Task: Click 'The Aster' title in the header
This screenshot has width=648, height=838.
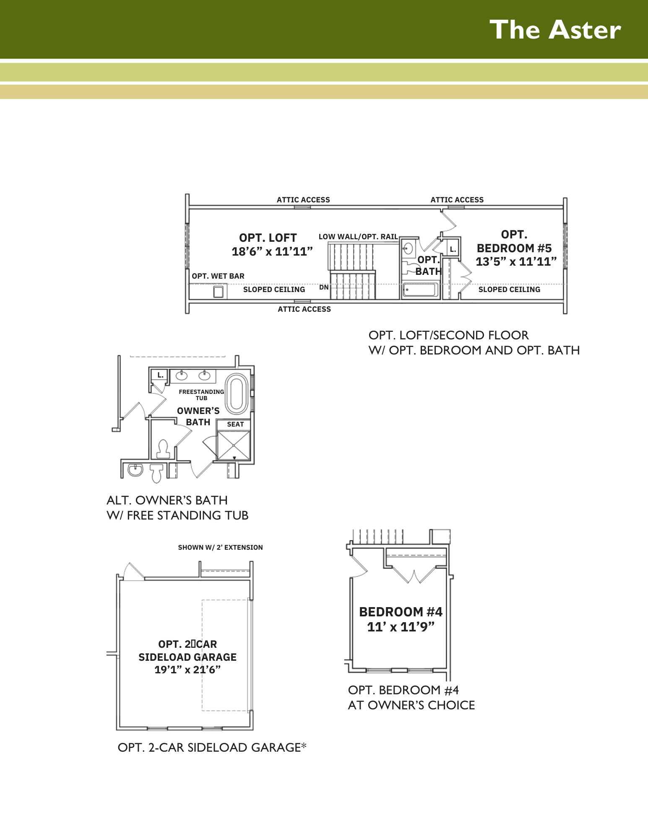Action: [555, 30]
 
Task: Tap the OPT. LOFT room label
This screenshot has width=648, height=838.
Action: [268, 238]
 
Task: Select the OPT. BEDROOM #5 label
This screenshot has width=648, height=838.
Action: [514, 241]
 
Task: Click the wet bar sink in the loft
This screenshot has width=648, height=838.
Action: [218, 292]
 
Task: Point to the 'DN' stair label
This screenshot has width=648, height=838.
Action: [324, 287]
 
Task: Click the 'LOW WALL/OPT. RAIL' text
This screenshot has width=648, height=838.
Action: [358, 237]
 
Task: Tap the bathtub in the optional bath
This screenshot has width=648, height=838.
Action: [420, 290]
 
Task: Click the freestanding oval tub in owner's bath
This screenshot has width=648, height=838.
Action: [237, 393]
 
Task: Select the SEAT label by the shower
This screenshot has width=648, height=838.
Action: [235, 424]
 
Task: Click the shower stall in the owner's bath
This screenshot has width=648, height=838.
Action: [234, 445]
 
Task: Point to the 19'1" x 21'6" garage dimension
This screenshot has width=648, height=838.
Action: [187, 670]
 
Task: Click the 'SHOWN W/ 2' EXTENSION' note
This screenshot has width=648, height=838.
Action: [221, 547]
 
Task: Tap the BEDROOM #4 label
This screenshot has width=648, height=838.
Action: [401, 612]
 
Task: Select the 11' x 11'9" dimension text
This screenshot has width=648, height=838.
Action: [401, 627]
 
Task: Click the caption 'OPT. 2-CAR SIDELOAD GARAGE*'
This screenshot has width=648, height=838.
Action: [212, 747]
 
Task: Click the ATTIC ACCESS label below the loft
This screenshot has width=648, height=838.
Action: [304, 309]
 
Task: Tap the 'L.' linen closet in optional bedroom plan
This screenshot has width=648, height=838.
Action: [453, 250]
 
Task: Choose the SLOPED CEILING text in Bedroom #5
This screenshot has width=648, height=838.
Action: [509, 290]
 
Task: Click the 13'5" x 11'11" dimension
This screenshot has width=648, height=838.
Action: [516, 262]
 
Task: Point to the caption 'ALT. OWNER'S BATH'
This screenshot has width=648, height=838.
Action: [167, 500]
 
